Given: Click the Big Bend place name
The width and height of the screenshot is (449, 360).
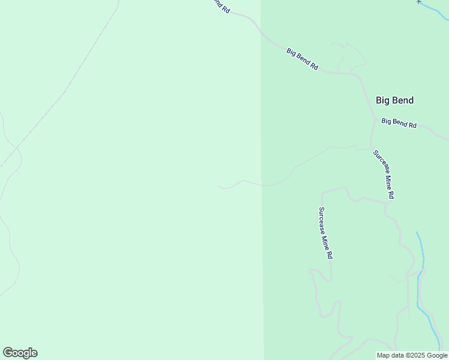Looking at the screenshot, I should pyautogui.click(x=394, y=100).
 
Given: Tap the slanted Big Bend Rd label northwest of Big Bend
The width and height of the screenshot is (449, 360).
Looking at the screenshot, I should pyautogui.click(x=302, y=59).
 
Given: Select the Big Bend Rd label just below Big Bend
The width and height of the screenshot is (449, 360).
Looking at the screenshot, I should pyautogui.click(x=399, y=123).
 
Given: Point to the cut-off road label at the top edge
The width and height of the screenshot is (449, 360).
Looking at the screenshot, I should pyautogui.click(x=221, y=5).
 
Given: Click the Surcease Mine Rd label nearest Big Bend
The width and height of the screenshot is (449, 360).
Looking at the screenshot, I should pyautogui.click(x=384, y=175).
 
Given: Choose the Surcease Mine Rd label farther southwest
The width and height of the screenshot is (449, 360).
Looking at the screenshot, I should pyautogui.click(x=325, y=233).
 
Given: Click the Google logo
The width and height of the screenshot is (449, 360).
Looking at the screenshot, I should pyautogui.click(x=20, y=353).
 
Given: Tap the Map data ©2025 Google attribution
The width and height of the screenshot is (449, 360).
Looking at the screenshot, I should pyautogui.click(x=412, y=355).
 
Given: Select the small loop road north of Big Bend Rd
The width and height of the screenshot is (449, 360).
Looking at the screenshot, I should pyautogui.click(x=352, y=57).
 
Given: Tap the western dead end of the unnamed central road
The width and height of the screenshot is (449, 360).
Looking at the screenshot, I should pyautogui.click(x=218, y=187).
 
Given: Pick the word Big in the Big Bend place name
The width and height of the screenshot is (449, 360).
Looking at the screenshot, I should pyautogui.click(x=383, y=100).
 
